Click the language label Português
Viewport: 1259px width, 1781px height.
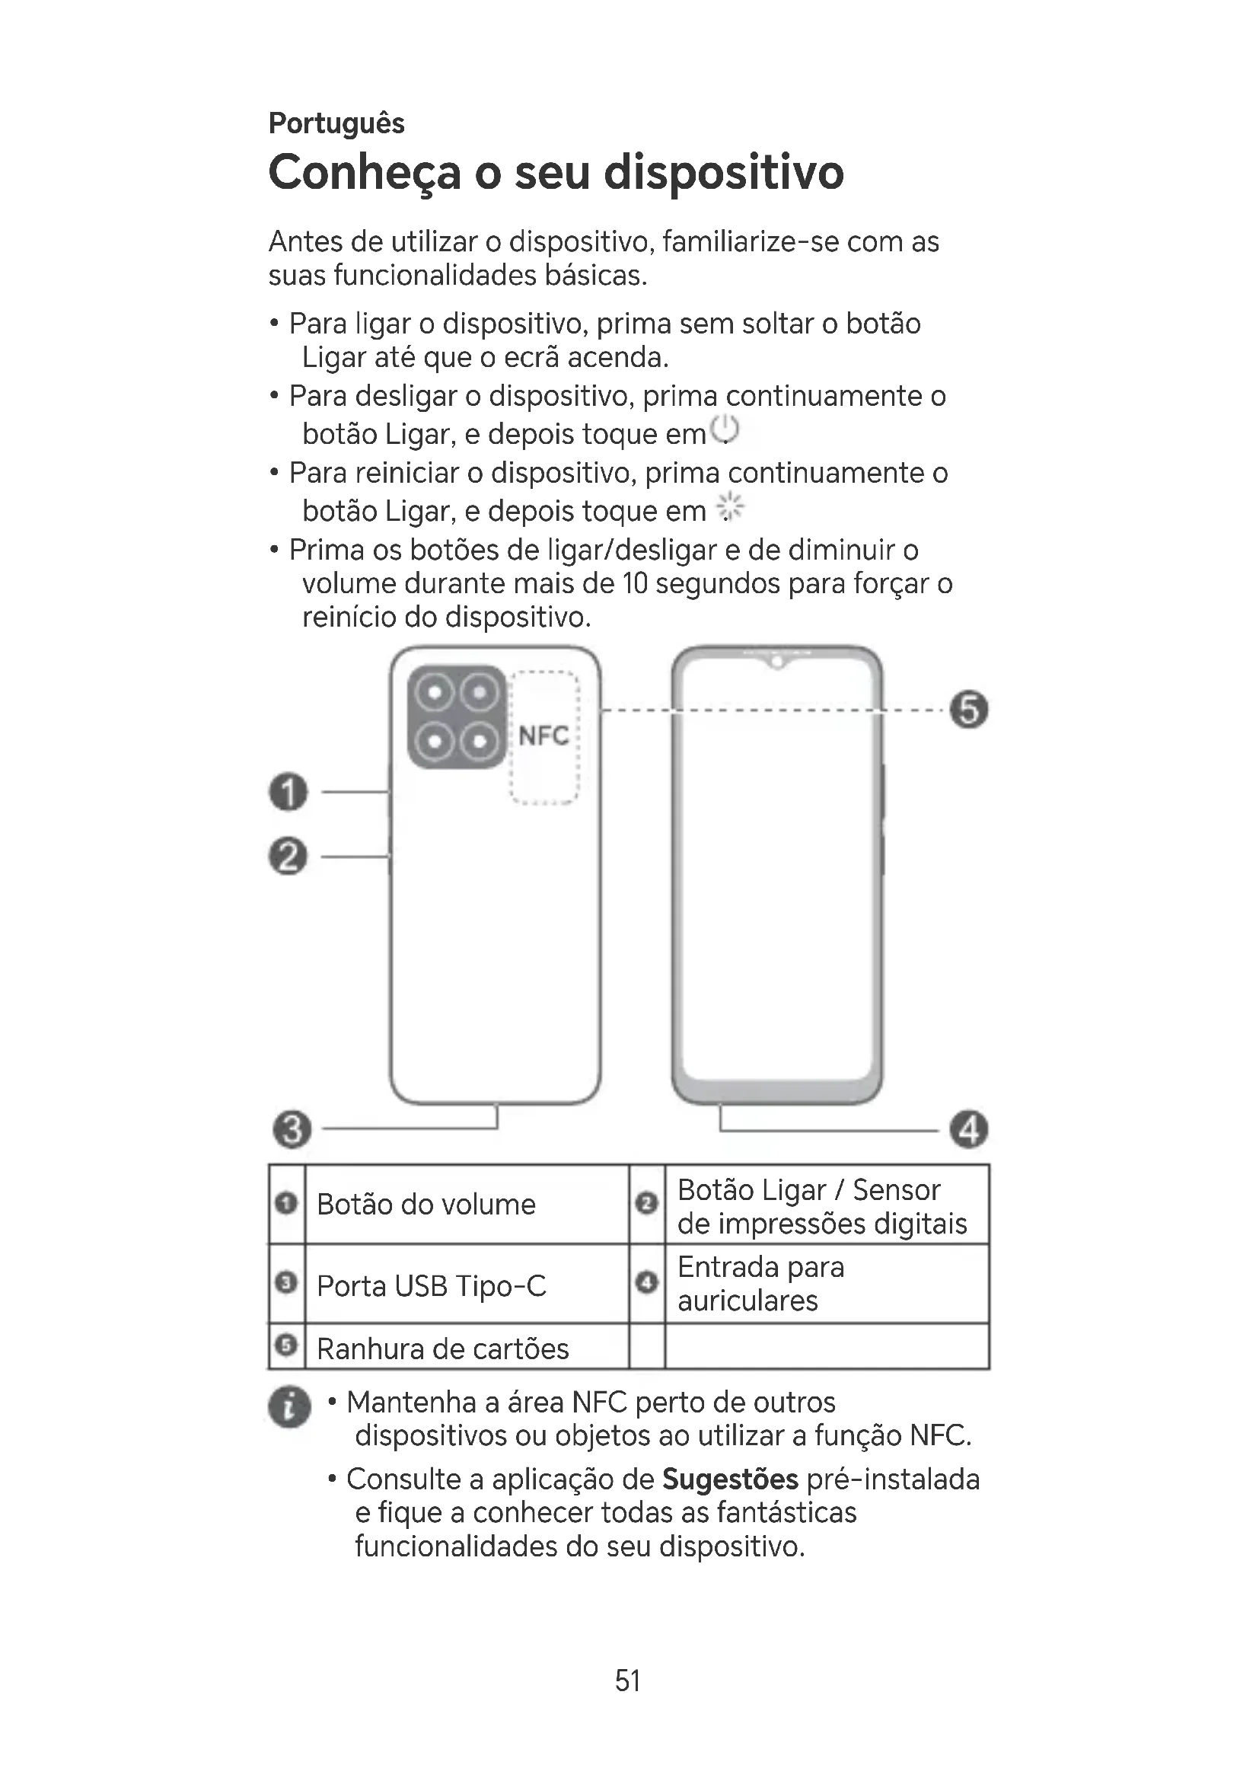click(x=336, y=123)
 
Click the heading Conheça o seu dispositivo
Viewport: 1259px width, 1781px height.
click(x=555, y=172)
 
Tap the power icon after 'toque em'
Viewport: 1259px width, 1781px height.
click(x=725, y=430)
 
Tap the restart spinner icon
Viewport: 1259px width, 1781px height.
click(x=729, y=508)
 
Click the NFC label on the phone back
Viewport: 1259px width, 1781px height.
click(x=543, y=736)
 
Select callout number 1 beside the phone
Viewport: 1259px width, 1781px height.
click(x=288, y=792)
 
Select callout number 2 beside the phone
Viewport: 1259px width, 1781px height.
click(x=288, y=857)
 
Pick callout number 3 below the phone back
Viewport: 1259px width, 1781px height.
click(x=292, y=1128)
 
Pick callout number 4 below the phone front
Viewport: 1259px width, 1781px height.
click(x=969, y=1128)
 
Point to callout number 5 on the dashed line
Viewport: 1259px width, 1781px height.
click(x=969, y=710)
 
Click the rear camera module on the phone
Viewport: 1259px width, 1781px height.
click(x=457, y=717)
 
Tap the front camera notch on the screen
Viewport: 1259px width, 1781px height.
click(x=776, y=663)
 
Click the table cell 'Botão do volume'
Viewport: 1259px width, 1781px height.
click(x=426, y=1205)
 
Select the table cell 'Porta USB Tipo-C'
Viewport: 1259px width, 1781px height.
click(x=432, y=1286)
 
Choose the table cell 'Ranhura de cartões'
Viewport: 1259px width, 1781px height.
click(x=443, y=1349)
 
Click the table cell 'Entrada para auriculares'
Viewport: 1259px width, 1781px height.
click(x=760, y=1284)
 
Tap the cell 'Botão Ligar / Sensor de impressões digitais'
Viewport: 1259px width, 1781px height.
click(x=822, y=1206)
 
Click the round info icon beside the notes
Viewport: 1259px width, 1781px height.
click(x=289, y=1407)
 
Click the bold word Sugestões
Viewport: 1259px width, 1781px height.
click(x=729, y=1479)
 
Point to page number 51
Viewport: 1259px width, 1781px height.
click(x=628, y=1680)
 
